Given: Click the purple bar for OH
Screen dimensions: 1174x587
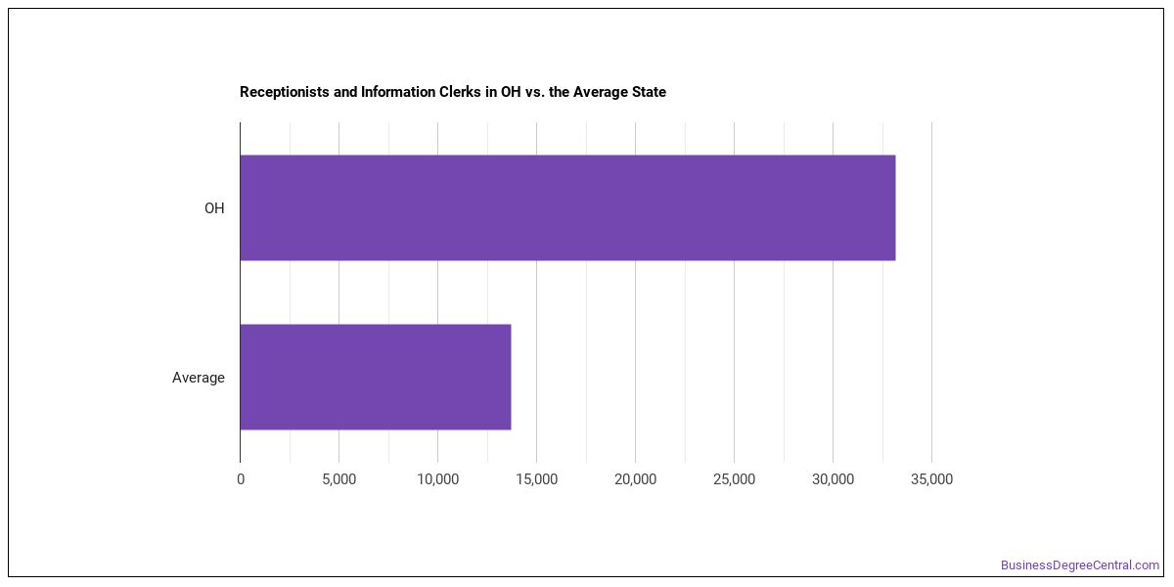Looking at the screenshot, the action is (x=567, y=207).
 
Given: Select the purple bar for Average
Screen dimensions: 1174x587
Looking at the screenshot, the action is (x=376, y=377).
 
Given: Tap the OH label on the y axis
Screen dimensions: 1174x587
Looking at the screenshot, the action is (x=214, y=208).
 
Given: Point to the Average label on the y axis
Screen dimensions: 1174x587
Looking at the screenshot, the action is (x=199, y=378).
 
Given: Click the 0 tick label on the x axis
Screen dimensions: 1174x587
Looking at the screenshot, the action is (x=241, y=479).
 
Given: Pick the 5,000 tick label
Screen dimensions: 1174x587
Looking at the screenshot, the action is (x=339, y=479).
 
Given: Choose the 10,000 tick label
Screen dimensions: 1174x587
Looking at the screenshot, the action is (x=437, y=479).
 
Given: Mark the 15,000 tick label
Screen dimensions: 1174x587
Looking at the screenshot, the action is (x=537, y=479).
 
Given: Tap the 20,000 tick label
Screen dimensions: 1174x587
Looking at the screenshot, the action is (x=635, y=479).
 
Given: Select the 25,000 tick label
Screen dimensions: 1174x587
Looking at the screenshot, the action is (x=735, y=479).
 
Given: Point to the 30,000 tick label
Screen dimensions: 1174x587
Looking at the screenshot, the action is (x=833, y=479).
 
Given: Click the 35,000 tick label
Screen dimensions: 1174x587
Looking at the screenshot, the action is (x=931, y=479).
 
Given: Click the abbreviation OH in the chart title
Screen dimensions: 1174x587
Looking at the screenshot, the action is (x=511, y=92).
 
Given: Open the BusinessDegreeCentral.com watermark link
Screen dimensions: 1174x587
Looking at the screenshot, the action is (x=1080, y=565).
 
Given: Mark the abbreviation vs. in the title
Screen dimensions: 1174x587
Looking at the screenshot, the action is (x=535, y=92).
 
